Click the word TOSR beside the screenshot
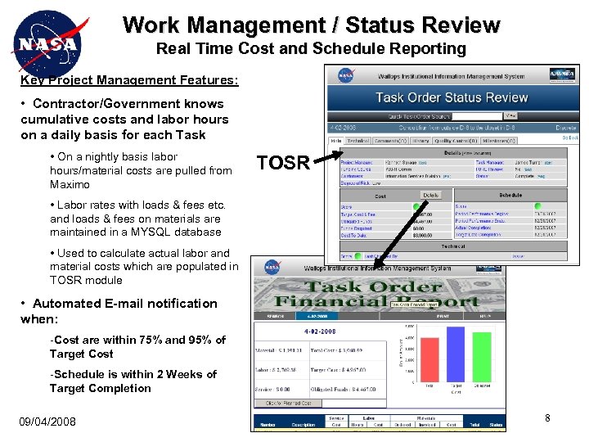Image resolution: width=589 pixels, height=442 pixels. click(x=283, y=163)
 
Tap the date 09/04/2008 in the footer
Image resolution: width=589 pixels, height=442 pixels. click(x=47, y=422)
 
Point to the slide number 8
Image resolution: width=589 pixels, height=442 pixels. click(x=547, y=418)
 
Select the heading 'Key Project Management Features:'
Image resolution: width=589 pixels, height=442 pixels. click(x=130, y=80)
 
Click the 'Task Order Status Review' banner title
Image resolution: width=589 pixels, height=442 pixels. click(x=452, y=97)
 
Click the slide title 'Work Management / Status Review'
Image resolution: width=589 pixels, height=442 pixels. click(x=311, y=25)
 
